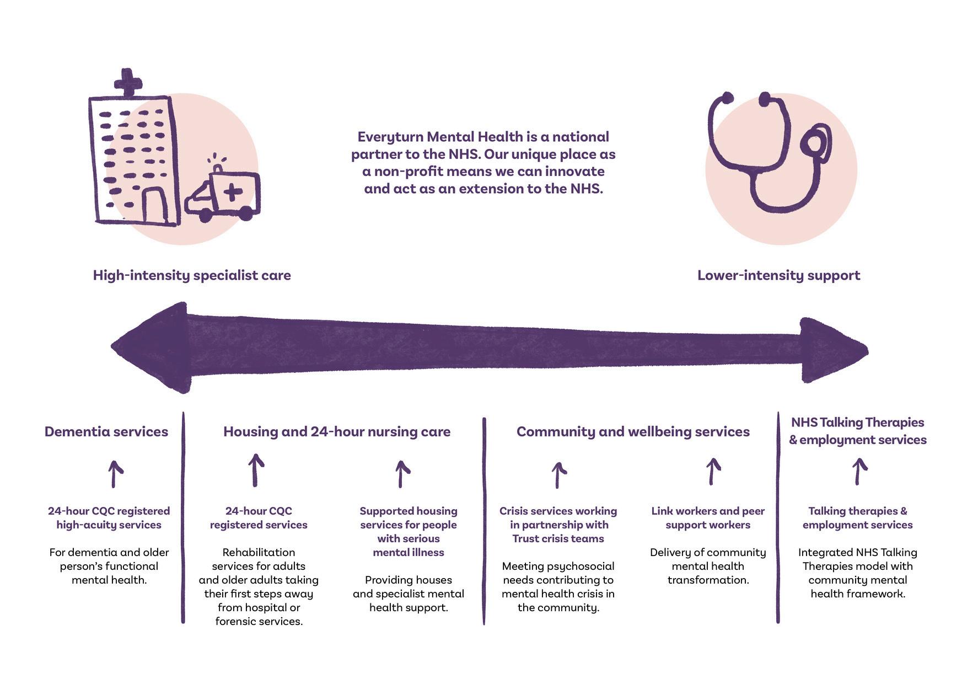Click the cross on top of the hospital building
[128, 82]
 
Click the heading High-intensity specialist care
[192, 275]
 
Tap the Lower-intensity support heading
[778, 275]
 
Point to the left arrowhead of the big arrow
[152, 348]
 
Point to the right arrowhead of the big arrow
[832, 350]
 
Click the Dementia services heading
[106, 431]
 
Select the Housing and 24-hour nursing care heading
[337, 431]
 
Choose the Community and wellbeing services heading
[633, 431]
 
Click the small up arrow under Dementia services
[115, 474]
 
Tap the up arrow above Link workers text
[713, 472]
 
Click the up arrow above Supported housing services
[402, 474]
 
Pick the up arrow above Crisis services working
[558, 475]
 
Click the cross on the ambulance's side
[233, 191]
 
